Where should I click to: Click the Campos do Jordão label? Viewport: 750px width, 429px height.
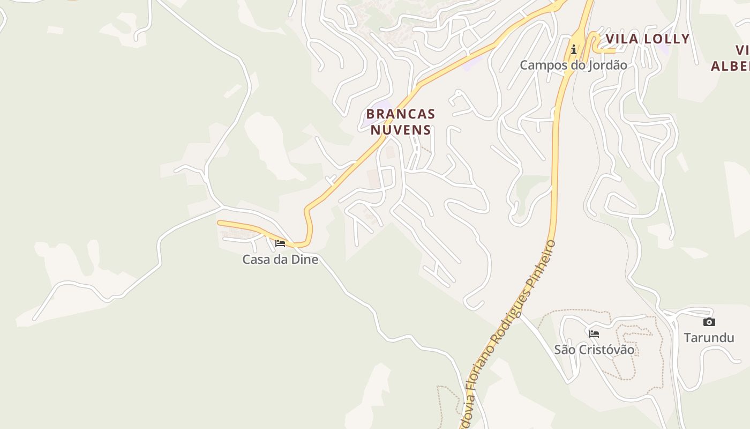(573, 65)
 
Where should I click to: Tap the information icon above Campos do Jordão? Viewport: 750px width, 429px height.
(574, 50)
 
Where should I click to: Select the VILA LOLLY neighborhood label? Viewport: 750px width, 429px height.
(647, 39)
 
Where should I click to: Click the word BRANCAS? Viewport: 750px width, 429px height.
(400, 114)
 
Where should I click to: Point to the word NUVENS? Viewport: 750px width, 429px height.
(401, 130)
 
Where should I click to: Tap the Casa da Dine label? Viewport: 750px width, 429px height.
(280, 260)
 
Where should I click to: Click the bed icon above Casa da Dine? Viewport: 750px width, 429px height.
(280, 243)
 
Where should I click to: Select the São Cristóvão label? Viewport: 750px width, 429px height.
(594, 350)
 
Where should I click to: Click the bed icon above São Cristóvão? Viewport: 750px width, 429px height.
(594, 334)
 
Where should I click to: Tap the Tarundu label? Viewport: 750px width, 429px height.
(709, 338)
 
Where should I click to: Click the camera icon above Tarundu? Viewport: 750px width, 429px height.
(709, 322)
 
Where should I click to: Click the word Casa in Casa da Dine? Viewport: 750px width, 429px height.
(254, 260)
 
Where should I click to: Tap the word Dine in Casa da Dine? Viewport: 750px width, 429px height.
(305, 260)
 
